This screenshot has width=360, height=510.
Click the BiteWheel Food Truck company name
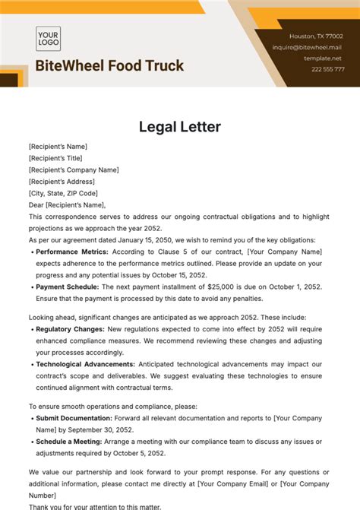pyautogui.click(x=109, y=66)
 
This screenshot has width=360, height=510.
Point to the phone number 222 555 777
pyautogui.click(x=327, y=69)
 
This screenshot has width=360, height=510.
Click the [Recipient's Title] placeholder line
pyautogui.click(x=56, y=158)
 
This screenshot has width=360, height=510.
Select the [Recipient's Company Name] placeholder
pyautogui.click(x=74, y=170)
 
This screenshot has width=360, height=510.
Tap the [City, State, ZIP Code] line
pyautogui.click(x=64, y=193)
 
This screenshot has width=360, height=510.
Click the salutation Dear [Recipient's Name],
pyautogui.click(x=67, y=205)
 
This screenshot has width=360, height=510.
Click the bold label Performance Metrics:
pyautogui.click(x=72, y=252)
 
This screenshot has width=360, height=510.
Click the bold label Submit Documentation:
pyautogui.click(x=74, y=418)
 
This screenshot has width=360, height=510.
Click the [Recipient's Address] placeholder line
pyautogui.click(x=59, y=182)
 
